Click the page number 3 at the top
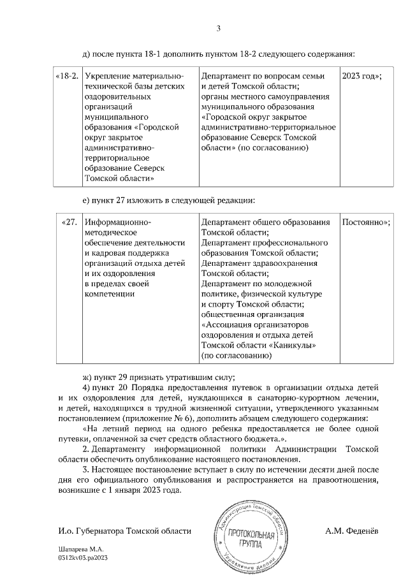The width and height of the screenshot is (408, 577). pos(219,27)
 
